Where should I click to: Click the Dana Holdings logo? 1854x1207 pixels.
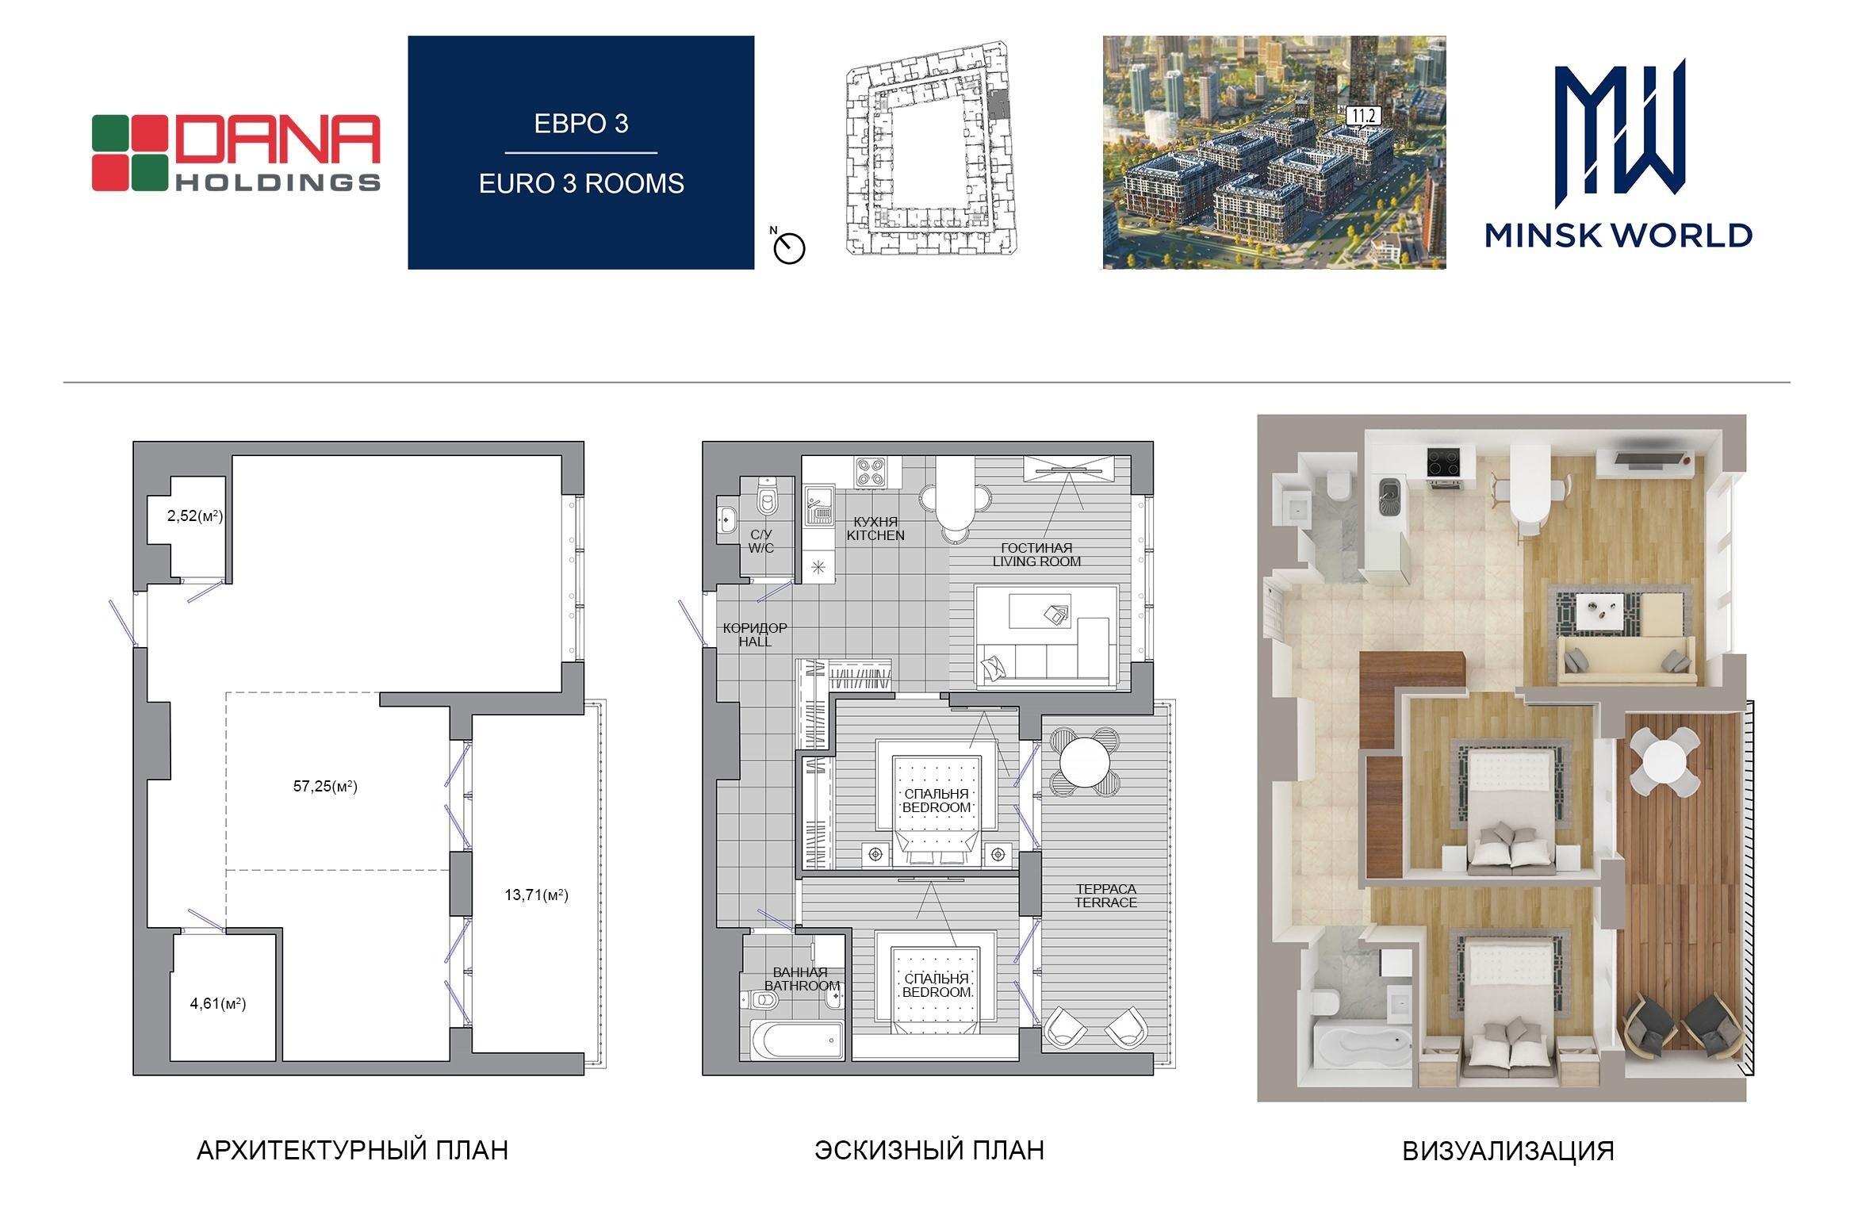(x=236, y=153)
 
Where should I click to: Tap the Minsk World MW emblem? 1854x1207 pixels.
(x=1618, y=127)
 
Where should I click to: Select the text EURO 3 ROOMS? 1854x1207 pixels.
(x=581, y=183)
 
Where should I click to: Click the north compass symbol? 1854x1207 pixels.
(x=789, y=247)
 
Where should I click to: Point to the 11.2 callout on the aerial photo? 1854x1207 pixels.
(x=1363, y=117)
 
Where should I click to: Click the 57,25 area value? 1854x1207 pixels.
(x=325, y=787)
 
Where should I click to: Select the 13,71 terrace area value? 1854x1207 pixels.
(x=536, y=895)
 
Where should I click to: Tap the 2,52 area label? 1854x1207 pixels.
(x=195, y=516)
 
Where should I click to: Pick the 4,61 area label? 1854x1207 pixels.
(x=218, y=1004)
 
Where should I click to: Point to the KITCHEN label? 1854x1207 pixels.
(x=875, y=535)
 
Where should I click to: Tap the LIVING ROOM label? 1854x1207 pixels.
(x=1036, y=561)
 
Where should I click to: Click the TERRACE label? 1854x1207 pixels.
(x=1105, y=902)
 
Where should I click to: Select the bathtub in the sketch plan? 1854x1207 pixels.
(x=796, y=1039)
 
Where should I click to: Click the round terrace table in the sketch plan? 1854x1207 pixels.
(x=1085, y=761)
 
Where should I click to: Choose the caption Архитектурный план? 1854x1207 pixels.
(x=352, y=1150)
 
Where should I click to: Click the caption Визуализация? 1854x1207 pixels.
(x=1508, y=1151)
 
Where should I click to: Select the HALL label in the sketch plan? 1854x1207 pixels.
(x=755, y=642)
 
